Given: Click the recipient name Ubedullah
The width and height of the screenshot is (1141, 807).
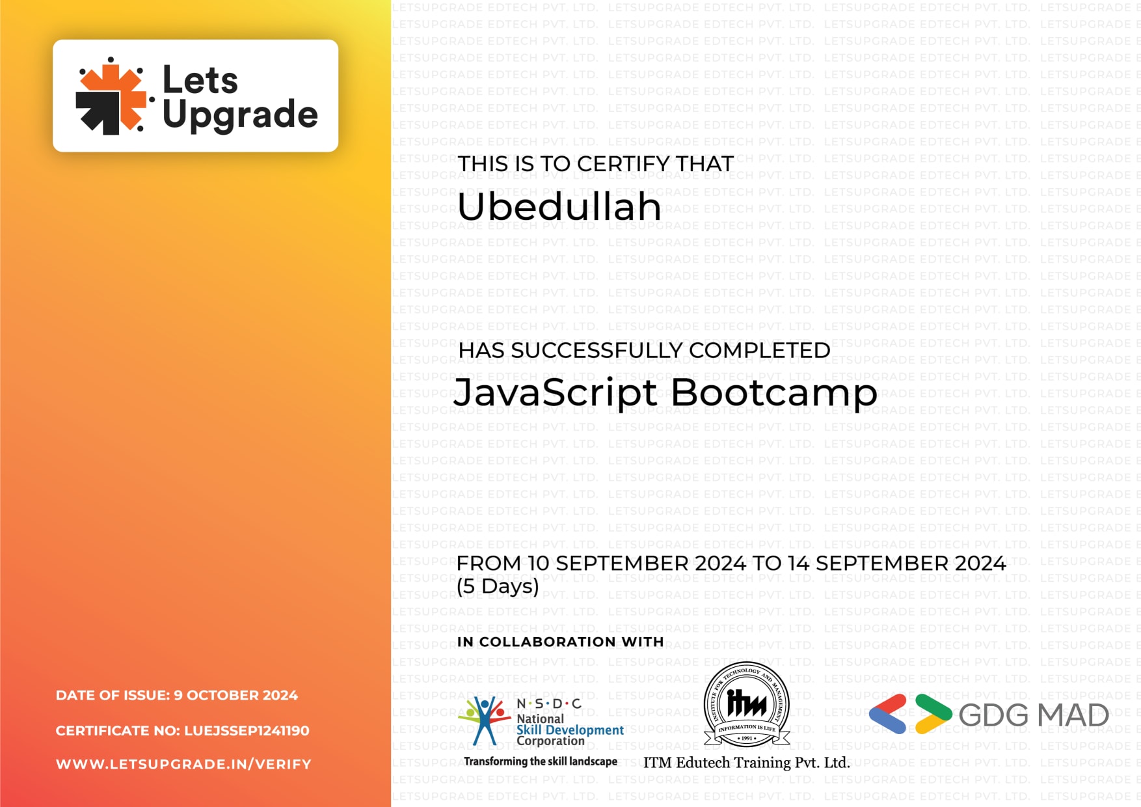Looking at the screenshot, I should pyautogui.click(x=559, y=207).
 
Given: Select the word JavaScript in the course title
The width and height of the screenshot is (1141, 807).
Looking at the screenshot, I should pyautogui.click(x=556, y=393).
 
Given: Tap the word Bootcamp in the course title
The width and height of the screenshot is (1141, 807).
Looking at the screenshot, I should pyautogui.click(x=773, y=393).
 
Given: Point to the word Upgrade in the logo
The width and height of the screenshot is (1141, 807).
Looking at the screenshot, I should pyautogui.click(x=240, y=115).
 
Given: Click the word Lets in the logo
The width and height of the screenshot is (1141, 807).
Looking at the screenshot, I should pyautogui.click(x=200, y=80).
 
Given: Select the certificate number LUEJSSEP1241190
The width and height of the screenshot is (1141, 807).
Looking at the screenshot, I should pyautogui.click(x=247, y=731).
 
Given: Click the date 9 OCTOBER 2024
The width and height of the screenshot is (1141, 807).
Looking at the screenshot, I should pyautogui.click(x=235, y=695).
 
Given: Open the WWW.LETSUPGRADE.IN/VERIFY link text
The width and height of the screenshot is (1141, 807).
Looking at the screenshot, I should pyautogui.click(x=183, y=764).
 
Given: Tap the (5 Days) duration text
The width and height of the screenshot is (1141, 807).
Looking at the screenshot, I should pyautogui.click(x=498, y=586).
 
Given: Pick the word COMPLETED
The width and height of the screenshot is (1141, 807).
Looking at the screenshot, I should pyautogui.click(x=759, y=350).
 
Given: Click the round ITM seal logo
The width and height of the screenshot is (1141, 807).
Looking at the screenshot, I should pyautogui.click(x=746, y=704).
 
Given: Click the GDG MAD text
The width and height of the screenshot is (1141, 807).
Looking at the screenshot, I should pyautogui.click(x=1033, y=715).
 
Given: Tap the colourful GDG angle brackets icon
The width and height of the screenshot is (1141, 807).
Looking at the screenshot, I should pyautogui.click(x=910, y=714).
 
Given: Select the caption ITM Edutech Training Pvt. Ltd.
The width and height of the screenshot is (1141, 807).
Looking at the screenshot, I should pyautogui.click(x=746, y=763).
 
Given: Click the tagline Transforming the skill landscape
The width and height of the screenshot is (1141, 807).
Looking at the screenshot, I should pyautogui.click(x=540, y=761).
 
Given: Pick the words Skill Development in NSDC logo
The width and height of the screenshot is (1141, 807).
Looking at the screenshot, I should pyautogui.click(x=570, y=730).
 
